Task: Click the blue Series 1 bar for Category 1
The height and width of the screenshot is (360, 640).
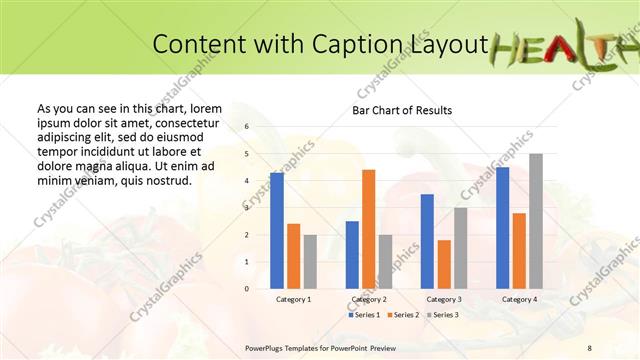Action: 276,230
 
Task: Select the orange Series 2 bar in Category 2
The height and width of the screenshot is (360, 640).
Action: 368,229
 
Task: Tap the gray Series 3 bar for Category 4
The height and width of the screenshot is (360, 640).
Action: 536,220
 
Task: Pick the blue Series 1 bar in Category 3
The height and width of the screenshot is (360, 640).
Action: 427,241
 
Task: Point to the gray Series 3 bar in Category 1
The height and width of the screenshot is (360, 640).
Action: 310,261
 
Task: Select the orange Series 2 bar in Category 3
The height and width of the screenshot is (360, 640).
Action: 444,264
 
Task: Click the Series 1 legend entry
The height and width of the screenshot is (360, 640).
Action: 363,315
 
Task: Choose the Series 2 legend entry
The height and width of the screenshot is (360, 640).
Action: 403,315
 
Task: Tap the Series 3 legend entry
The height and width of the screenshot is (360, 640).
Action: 443,315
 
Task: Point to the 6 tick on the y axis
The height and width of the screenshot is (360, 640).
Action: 247,127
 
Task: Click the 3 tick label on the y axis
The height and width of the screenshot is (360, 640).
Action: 247,208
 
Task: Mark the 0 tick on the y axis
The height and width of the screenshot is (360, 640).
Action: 247,289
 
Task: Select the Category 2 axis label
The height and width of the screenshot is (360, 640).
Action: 369,299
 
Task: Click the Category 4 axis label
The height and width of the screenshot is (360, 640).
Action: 519,299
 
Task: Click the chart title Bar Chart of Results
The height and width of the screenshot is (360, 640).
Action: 402,110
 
